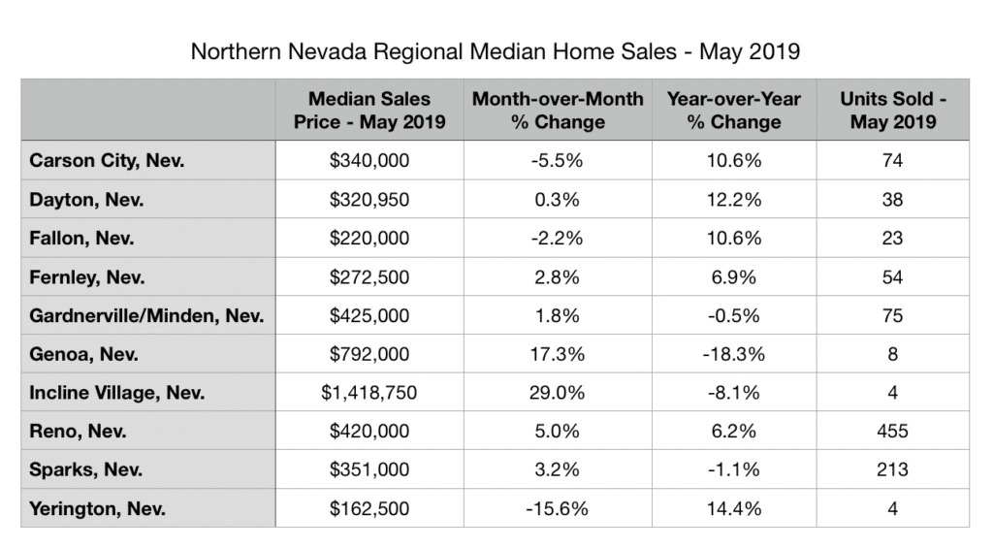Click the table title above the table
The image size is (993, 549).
click(x=496, y=51)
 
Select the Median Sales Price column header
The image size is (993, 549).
click(x=369, y=111)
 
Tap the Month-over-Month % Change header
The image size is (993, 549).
click(x=557, y=111)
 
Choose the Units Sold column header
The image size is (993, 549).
click(x=892, y=111)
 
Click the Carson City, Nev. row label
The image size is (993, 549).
click(x=108, y=161)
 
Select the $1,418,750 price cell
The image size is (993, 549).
click(x=369, y=393)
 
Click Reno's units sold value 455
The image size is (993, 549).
click(x=892, y=432)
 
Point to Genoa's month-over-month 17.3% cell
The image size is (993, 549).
click(x=557, y=354)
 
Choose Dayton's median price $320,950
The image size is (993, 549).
click(x=369, y=200)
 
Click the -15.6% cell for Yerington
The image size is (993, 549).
click(x=557, y=508)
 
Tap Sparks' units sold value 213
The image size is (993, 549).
click(x=892, y=469)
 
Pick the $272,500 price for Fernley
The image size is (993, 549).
click(x=369, y=277)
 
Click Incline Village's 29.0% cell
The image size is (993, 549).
click(x=557, y=393)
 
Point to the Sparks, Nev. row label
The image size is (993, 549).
click(x=87, y=469)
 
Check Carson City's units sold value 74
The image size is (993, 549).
click(x=892, y=161)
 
